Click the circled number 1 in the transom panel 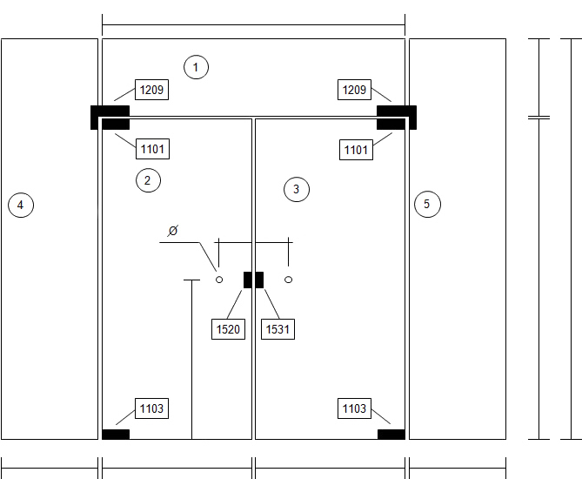coord(196,67)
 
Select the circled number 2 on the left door coord(148,180)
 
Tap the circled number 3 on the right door coord(296,190)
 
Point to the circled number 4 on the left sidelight coord(21,205)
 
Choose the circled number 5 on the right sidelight coord(427,204)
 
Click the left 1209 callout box coord(151,90)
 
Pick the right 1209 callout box coord(354,90)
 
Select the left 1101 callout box coord(152,149)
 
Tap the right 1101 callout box coord(356,150)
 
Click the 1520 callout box coord(228,329)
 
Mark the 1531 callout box coord(278,329)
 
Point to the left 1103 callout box coord(151,408)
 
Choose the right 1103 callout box coord(354,408)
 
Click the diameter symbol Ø coord(173,231)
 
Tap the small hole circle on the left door coord(219,280)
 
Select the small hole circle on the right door coord(288,280)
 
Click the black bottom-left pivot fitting coord(116,435)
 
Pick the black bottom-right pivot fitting coord(391,435)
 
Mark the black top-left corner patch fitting coord(110,118)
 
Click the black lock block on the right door coord(259,280)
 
